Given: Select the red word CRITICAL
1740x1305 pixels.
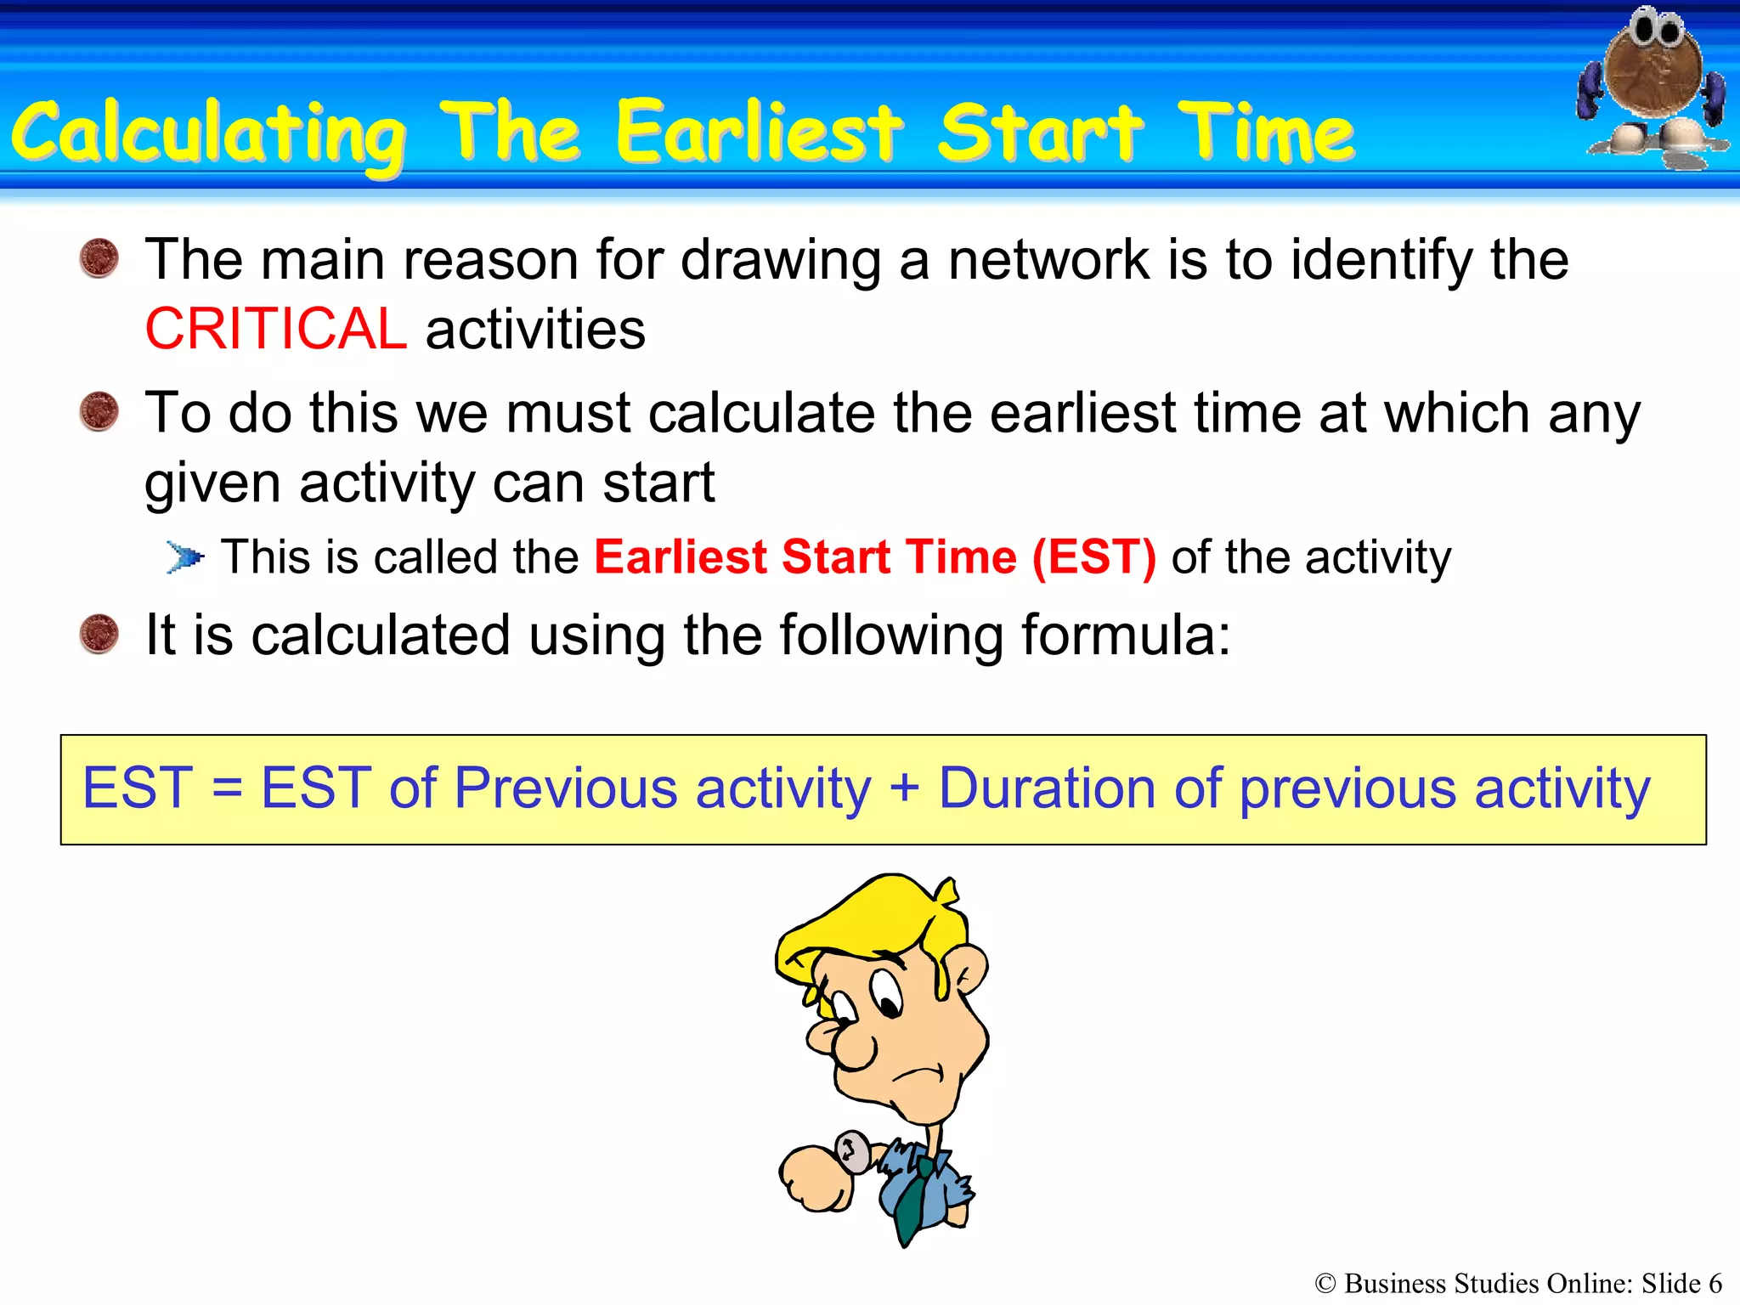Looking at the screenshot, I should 275,330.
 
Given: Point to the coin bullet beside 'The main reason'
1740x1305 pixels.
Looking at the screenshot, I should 99,258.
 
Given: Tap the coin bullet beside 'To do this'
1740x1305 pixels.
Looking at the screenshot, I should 99,412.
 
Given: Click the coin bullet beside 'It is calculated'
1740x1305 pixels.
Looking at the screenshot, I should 99,635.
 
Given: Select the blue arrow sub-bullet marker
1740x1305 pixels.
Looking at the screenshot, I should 185,558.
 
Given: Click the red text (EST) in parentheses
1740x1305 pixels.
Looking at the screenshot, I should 1094,557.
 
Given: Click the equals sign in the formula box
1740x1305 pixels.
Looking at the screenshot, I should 227,788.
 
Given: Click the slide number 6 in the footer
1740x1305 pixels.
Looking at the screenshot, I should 1715,1283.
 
